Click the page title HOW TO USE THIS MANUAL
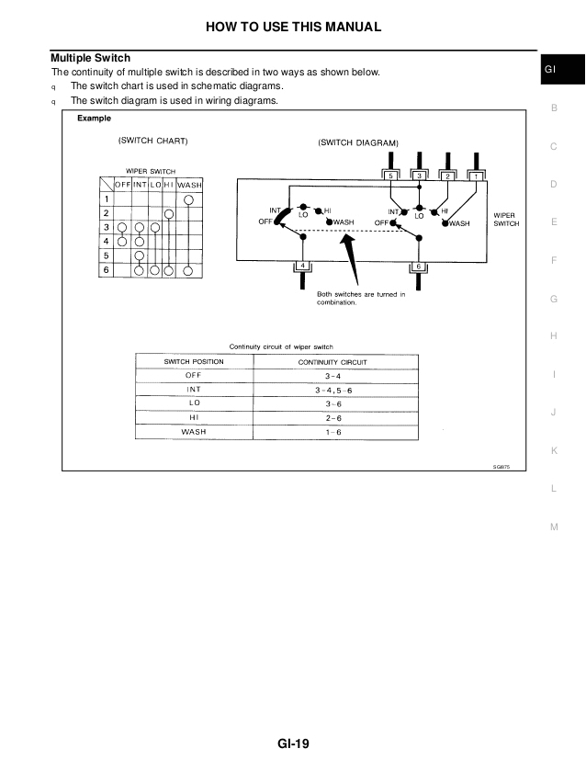292,27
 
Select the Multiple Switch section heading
90,58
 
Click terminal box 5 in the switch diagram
391,175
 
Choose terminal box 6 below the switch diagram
419,267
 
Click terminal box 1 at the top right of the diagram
476,175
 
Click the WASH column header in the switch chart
188,186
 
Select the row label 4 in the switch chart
107,241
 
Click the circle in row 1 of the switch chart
188,199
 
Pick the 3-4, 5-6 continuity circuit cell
332,390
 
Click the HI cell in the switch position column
193,416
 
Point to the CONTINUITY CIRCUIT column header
332,362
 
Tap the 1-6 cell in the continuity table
332,431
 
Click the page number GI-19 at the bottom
292,744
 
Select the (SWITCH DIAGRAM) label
358,143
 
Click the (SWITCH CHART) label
153,142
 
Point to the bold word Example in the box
94,118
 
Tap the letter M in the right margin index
554,526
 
